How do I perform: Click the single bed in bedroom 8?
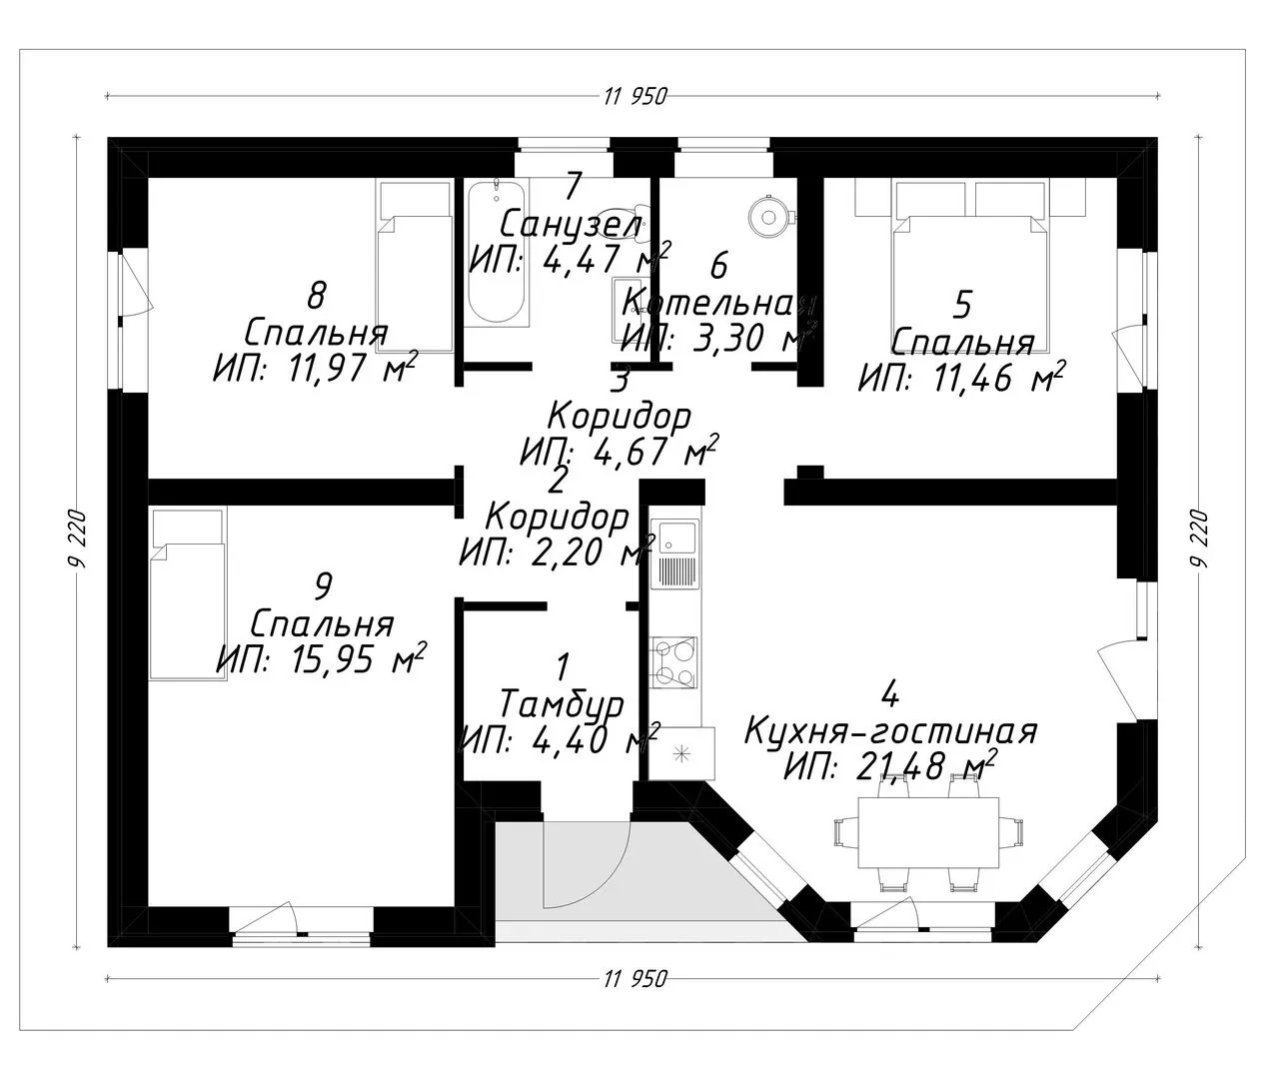tap(414, 265)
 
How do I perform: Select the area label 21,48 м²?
tap(889, 765)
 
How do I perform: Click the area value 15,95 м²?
tap(321, 660)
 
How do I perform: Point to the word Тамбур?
tap(562, 705)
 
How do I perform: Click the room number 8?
tap(317, 296)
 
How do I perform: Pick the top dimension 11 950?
tap(635, 96)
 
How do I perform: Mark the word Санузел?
tap(571, 224)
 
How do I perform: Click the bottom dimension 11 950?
tap(635, 978)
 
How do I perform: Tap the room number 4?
tap(888, 692)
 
